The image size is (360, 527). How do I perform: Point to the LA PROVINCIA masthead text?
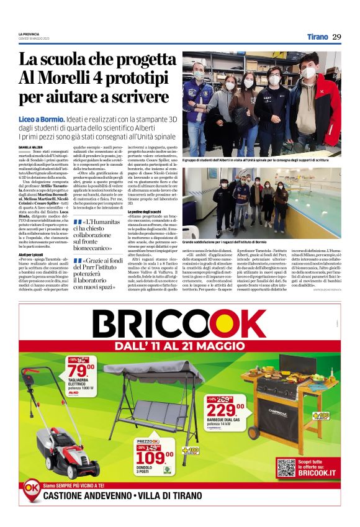pos(29,34)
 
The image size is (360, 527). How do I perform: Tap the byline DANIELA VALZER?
pos(30,147)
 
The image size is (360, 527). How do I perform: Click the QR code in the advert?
pos(286,467)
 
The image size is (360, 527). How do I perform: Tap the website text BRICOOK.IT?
pos(317,473)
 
